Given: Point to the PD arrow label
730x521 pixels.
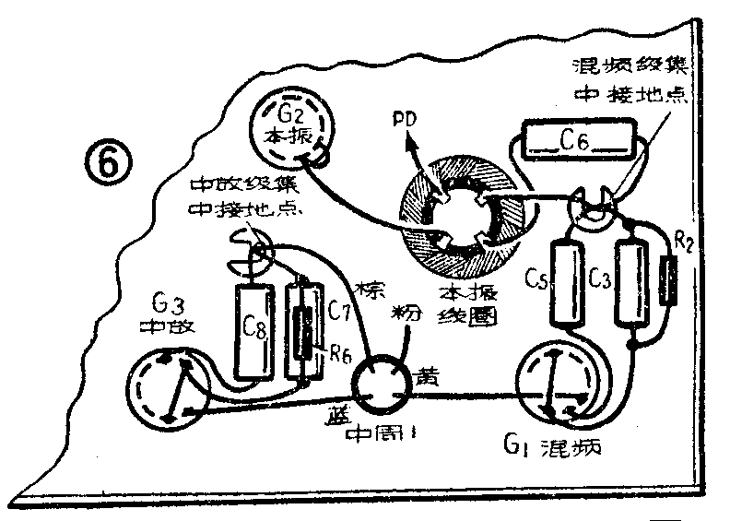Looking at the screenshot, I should pos(404,121).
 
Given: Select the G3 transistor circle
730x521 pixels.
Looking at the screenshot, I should pos(171,388).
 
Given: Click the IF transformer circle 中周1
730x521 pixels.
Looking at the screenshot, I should pos(377,385).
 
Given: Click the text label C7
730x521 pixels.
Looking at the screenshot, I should pos(338,309).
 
